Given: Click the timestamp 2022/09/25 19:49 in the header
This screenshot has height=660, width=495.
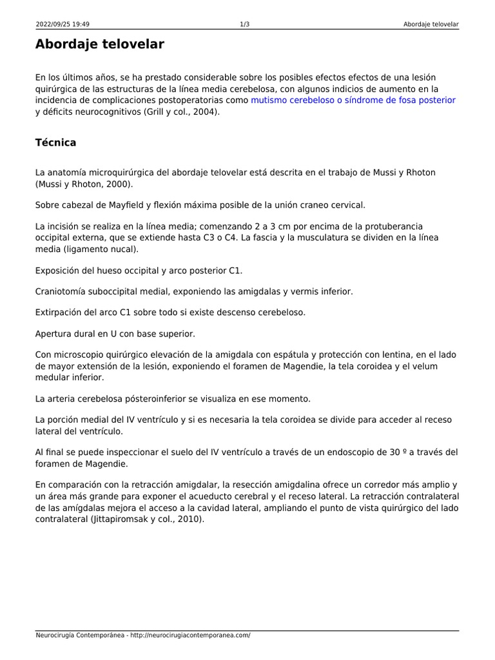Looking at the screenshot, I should point(63,24).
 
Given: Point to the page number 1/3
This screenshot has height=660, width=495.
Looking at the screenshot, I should point(245,24).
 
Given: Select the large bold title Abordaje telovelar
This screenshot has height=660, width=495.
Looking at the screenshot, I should point(100,44).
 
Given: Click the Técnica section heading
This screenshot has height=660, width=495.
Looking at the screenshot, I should point(55,142).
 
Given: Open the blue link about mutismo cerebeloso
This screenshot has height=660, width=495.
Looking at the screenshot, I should point(353,100).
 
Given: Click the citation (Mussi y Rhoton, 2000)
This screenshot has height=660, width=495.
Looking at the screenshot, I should point(84,184).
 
